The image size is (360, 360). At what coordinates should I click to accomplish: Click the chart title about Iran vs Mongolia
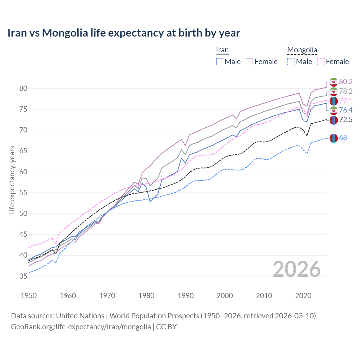[x=124, y=33]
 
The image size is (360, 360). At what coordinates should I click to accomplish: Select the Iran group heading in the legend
[x=222, y=50]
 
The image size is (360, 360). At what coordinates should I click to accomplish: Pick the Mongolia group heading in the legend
[x=302, y=50]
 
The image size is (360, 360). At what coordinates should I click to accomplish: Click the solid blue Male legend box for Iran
[x=220, y=62]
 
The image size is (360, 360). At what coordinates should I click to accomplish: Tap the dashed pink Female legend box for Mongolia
[x=321, y=62]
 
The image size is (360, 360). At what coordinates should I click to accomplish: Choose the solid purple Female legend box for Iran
[x=249, y=62]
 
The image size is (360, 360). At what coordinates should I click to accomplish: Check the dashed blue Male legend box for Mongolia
[x=291, y=62]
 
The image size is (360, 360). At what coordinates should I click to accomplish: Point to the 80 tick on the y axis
[x=23, y=88]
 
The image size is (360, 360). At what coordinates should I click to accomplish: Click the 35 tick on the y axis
[x=23, y=276]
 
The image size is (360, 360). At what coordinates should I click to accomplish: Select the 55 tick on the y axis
[x=23, y=193]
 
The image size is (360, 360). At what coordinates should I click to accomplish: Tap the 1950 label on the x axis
[x=29, y=296]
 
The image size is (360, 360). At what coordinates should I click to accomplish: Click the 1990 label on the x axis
[x=186, y=296]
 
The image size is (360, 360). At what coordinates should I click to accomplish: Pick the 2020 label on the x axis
[x=303, y=296]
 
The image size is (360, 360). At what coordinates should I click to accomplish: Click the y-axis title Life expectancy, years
[x=12, y=180]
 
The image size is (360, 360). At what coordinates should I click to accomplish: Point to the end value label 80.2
[x=346, y=82]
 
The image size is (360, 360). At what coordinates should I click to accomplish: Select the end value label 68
[x=343, y=138]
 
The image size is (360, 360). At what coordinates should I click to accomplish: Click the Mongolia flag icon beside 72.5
[x=334, y=120]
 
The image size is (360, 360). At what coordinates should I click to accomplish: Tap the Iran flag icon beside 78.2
[x=334, y=91]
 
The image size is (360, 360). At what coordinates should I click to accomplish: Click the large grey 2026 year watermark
[x=296, y=269]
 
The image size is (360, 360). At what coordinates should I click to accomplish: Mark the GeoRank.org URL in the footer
[x=81, y=327]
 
